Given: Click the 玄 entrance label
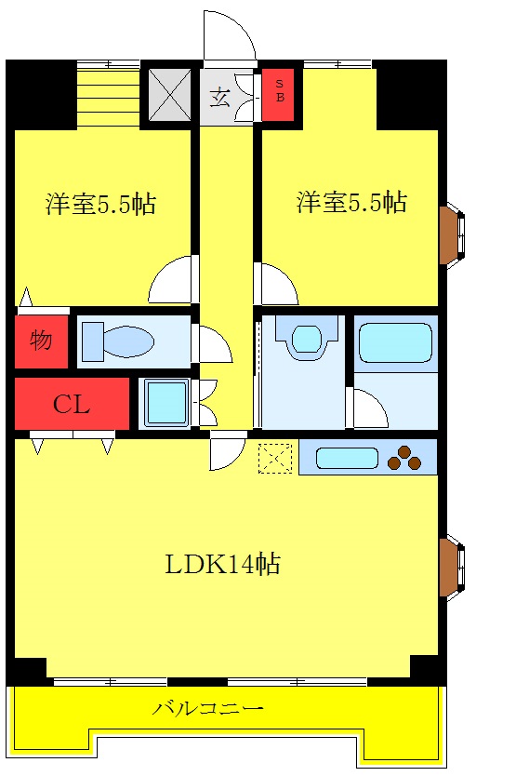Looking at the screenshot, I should [x=219, y=97].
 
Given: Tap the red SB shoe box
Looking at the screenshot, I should [x=278, y=96].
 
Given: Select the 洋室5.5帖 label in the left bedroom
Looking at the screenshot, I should [x=100, y=204].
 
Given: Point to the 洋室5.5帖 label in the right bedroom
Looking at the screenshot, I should [x=351, y=202].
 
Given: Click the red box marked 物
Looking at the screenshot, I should [x=41, y=341].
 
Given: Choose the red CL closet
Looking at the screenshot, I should [x=71, y=404].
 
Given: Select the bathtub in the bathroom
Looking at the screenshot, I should [x=395, y=343].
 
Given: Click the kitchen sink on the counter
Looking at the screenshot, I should [x=347, y=458].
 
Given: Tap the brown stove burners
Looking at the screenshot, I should [x=403, y=458].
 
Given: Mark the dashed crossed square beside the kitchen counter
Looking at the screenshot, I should [x=274, y=457].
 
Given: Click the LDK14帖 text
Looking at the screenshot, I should [x=223, y=563].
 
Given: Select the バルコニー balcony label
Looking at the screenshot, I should [x=208, y=709].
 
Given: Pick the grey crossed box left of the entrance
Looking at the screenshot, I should [x=170, y=94].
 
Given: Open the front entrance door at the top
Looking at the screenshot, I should [x=230, y=37].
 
